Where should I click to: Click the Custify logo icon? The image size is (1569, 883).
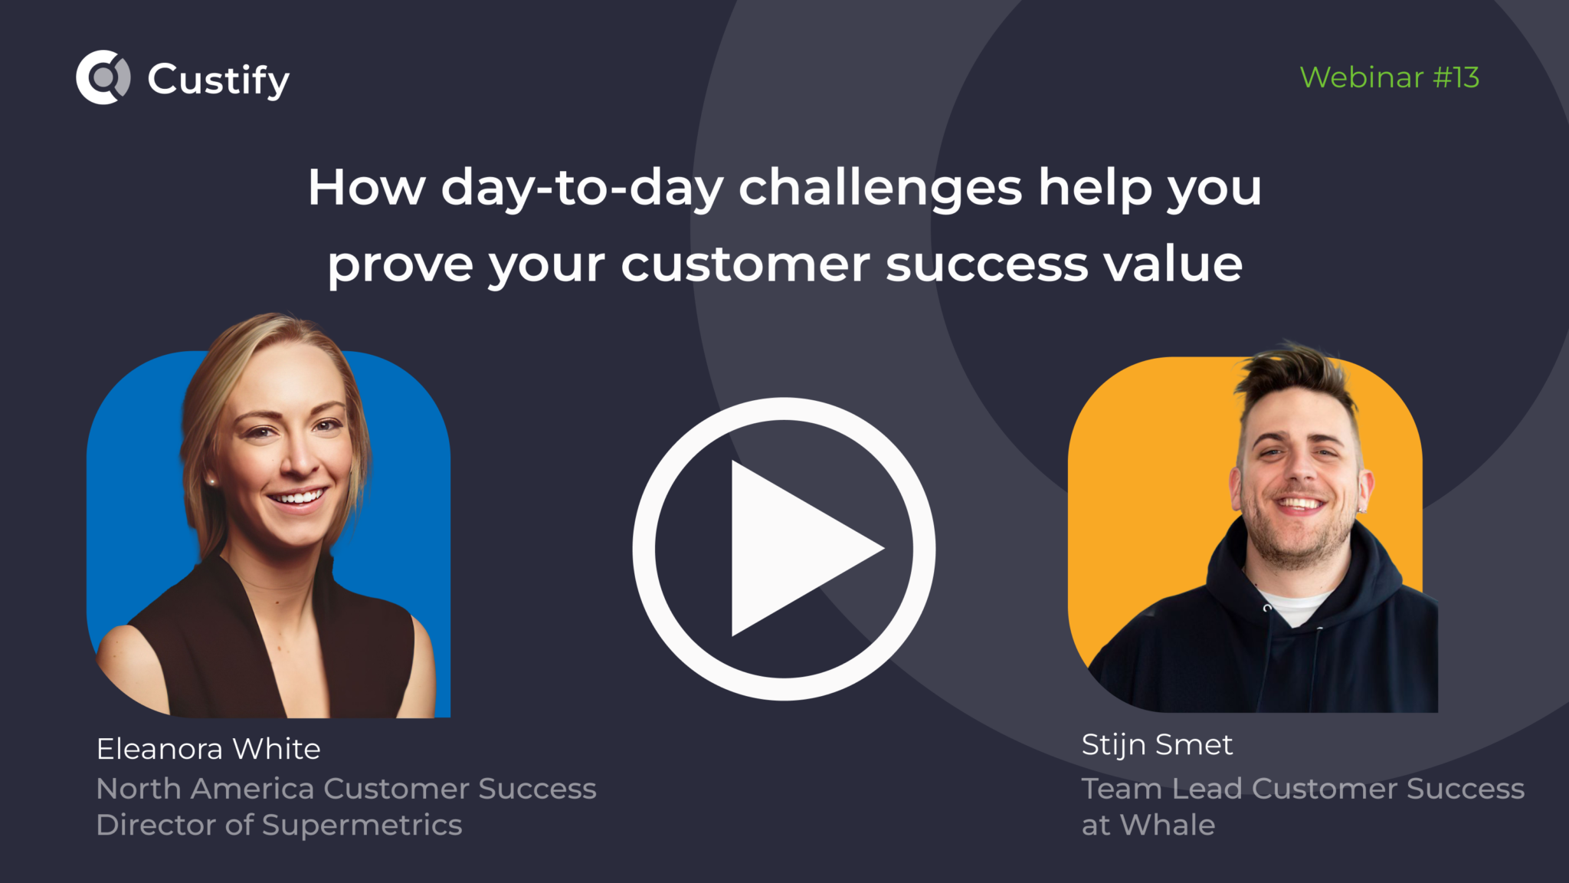(x=103, y=77)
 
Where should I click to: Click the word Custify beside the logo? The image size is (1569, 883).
(x=218, y=80)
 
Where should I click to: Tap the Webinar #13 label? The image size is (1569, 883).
(x=1389, y=77)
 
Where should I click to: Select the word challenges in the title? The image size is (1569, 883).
(x=880, y=188)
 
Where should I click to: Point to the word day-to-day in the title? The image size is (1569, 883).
(x=582, y=188)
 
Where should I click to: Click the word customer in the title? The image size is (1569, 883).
(x=745, y=264)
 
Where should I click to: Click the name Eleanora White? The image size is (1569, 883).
(x=208, y=749)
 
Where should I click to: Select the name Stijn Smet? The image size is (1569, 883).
(x=1157, y=744)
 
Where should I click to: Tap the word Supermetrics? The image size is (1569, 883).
(x=362, y=826)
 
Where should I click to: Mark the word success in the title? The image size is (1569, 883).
(x=987, y=264)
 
